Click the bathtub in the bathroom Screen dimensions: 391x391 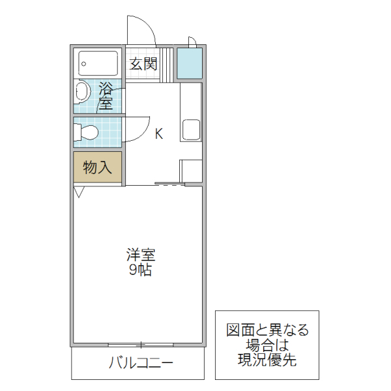(98, 64)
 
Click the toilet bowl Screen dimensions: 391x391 (87, 133)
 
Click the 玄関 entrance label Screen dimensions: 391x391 (143, 64)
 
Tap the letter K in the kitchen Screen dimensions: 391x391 (158, 135)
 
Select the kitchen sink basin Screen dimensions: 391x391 (192, 130)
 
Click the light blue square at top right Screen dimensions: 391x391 (190, 64)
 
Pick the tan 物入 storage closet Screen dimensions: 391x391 (97, 167)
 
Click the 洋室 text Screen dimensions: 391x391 (140, 256)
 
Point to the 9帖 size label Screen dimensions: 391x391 (140, 271)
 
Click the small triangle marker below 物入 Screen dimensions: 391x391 (79, 192)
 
